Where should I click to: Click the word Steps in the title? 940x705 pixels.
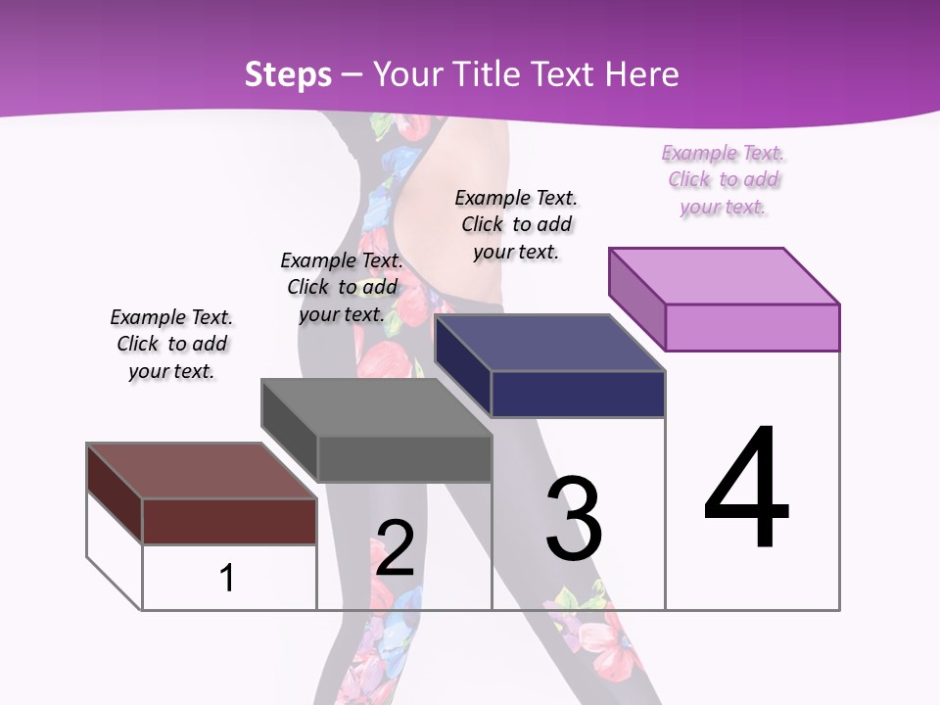[x=288, y=74]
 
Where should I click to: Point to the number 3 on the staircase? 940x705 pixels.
[x=574, y=518]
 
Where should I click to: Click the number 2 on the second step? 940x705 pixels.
[x=396, y=547]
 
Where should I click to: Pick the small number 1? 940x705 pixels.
[x=227, y=578]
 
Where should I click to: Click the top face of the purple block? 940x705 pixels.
[x=725, y=276]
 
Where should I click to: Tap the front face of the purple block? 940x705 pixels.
[x=752, y=327]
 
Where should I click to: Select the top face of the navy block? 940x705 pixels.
[x=550, y=343]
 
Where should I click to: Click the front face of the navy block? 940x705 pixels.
[x=578, y=394]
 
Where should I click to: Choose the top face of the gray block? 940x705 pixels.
[x=376, y=407]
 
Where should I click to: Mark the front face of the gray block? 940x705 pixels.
[x=403, y=458]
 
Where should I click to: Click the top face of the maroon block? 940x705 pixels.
[x=202, y=471]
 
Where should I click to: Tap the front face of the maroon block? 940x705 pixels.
[x=229, y=521]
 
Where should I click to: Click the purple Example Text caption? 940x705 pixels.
[x=724, y=180]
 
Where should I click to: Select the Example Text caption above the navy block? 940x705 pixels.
[x=516, y=224]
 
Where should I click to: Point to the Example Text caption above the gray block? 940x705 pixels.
[x=342, y=287]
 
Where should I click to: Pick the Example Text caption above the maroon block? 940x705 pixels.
[x=171, y=344]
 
